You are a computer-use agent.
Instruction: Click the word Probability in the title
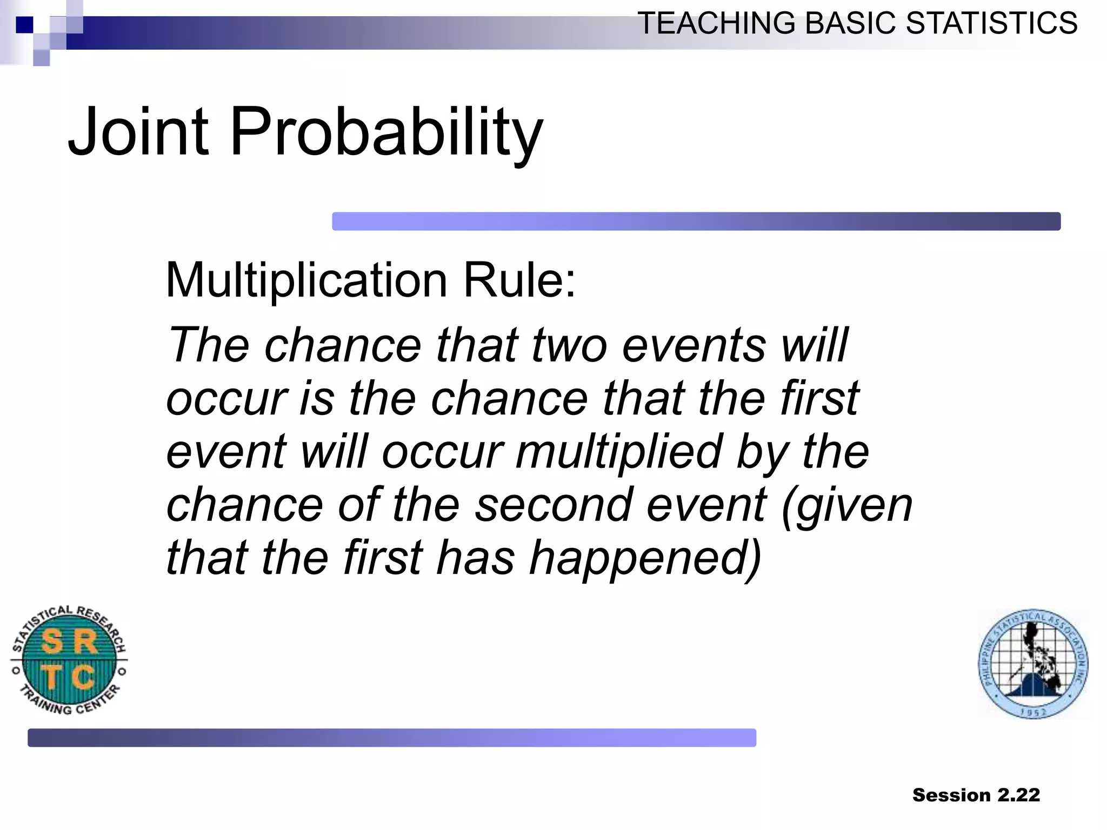tap(386, 132)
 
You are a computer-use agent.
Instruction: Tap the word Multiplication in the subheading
tap(306, 280)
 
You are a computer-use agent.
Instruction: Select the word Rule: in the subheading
tap(519, 280)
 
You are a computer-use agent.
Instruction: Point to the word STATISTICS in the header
tap(991, 23)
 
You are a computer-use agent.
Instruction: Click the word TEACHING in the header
tap(717, 23)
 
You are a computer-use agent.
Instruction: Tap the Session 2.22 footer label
tap(976, 795)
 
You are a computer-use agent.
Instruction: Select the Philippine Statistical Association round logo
tap(1033, 664)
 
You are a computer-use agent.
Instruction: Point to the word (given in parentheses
tap(846, 506)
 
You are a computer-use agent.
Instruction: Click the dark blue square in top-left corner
tap(24, 25)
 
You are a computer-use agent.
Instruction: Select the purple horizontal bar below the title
tap(696, 222)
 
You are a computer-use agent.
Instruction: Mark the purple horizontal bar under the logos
tap(391, 738)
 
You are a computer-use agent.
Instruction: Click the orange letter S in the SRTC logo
tap(52, 642)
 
